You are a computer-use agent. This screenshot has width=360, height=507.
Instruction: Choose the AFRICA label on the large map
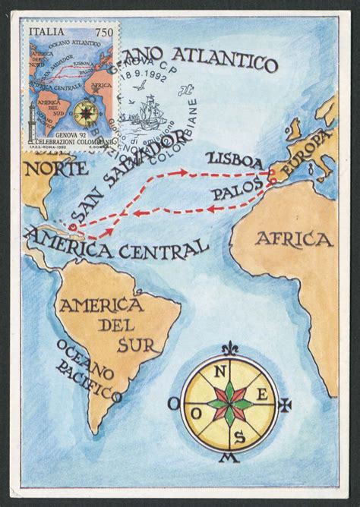(x=293, y=240)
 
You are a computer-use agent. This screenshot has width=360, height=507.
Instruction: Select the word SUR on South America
(x=136, y=346)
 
